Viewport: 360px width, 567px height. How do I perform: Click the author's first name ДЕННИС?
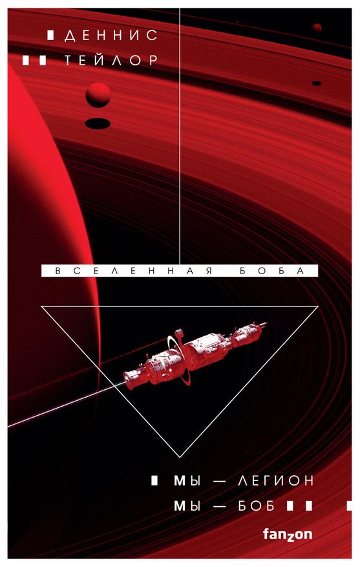pyautogui.click(x=111, y=35)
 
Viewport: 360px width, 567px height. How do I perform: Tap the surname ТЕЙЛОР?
pyautogui.click(x=111, y=60)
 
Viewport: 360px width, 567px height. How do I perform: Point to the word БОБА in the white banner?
pyautogui.click(x=273, y=271)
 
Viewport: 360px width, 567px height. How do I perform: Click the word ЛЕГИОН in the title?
pyautogui.click(x=275, y=481)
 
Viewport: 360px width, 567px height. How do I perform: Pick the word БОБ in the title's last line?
pyautogui.click(x=257, y=506)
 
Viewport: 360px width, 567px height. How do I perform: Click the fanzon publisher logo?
pyautogui.click(x=288, y=534)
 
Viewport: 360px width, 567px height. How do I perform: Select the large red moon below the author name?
pyautogui.click(x=98, y=94)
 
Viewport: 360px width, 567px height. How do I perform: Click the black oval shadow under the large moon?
pyautogui.click(x=98, y=123)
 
